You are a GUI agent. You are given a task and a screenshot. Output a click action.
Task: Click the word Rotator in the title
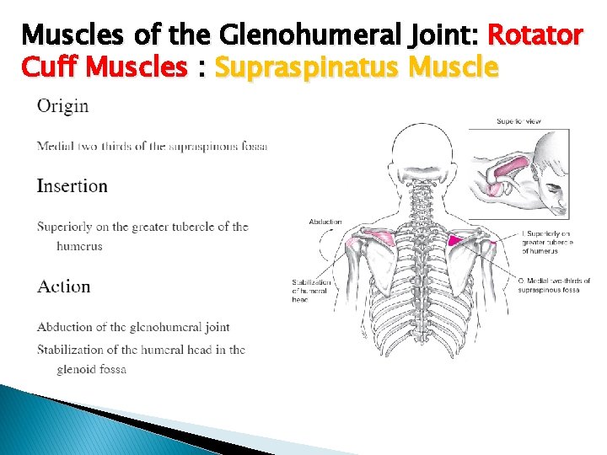[x=535, y=35]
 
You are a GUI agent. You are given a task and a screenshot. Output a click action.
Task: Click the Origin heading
[x=62, y=106]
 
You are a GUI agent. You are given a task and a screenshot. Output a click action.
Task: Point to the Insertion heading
[x=73, y=186]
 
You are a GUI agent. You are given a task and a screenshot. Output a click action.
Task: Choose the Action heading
[x=63, y=286]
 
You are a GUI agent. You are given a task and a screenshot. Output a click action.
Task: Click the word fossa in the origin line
[x=251, y=147]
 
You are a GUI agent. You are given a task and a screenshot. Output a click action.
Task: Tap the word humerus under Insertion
[x=79, y=246]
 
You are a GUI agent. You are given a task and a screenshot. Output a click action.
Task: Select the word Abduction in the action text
[x=64, y=327]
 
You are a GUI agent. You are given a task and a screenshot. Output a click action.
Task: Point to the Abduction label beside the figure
[x=325, y=222]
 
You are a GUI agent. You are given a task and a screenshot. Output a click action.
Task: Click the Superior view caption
[x=518, y=121]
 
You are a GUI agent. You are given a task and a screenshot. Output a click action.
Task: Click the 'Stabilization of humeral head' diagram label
[x=311, y=291]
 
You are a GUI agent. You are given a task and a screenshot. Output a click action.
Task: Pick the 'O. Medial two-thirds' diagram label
[x=554, y=286]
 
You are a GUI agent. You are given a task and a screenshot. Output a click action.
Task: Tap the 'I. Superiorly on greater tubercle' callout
[x=547, y=242]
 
